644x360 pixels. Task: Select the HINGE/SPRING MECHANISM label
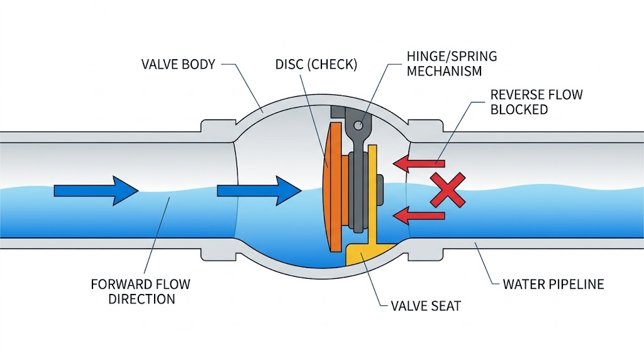click(452, 64)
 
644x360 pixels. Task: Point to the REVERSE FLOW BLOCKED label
click(536, 102)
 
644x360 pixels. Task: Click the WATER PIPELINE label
click(553, 284)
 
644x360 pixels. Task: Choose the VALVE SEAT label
click(426, 307)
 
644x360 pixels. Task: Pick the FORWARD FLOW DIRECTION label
click(140, 291)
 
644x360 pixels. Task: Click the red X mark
click(448, 189)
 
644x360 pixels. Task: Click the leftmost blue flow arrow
click(96, 189)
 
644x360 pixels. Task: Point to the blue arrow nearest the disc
click(258, 189)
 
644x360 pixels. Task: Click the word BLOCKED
click(519, 110)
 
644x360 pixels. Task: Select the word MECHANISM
click(444, 71)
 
